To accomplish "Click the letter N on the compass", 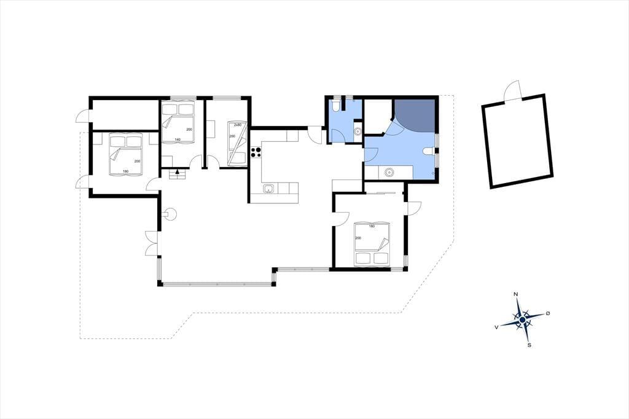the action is click(x=516, y=294).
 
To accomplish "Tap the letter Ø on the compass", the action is click(x=547, y=313).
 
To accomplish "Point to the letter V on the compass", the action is click(x=496, y=327).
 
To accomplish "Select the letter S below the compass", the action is click(x=529, y=345).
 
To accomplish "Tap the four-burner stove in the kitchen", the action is click(x=256, y=152).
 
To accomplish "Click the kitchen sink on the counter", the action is click(x=268, y=189).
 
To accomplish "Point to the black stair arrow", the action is click(x=176, y=172).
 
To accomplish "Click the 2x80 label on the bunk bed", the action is click(x=238, y=125).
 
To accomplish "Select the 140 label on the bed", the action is click(x=177, y=139).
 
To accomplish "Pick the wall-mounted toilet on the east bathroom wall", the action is click(x=429, y=151).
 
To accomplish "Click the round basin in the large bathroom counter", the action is click(x=388, y=173).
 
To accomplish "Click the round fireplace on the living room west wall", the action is click(x=170, y=214).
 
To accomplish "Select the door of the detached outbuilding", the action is click(x=513, y=91).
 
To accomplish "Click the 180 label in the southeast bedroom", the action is click(x=372, y=226).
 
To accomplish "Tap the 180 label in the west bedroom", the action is click(x=125, y=171).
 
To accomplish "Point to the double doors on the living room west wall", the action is click(x=152, y=243).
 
